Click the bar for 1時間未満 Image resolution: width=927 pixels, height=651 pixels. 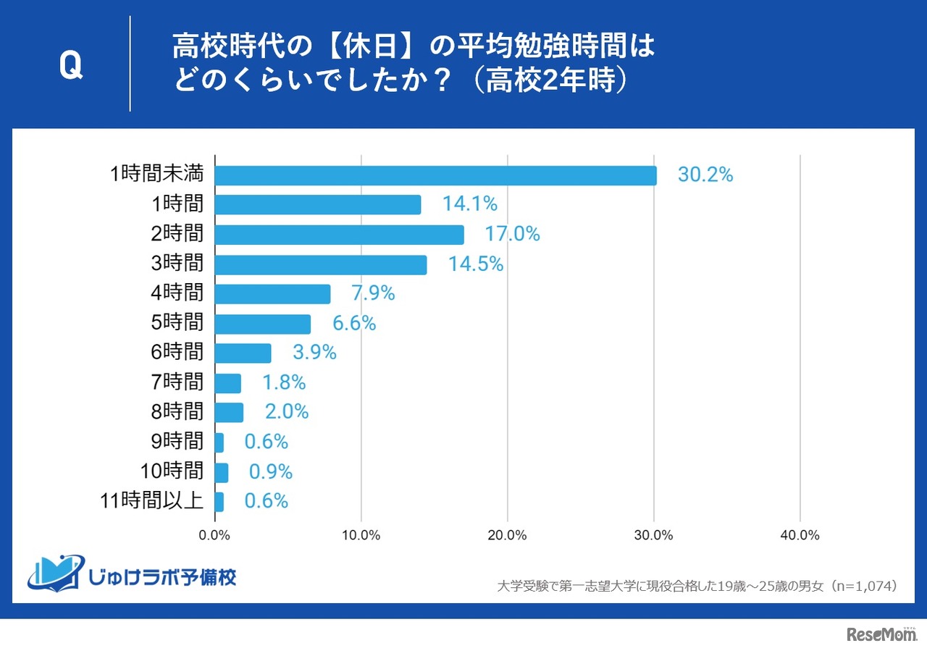click(435, 175)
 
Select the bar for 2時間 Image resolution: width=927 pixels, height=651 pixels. click(339, 235)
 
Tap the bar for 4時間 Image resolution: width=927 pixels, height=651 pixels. click(272, 294)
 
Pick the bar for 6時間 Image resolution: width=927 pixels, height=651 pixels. click(243, 353)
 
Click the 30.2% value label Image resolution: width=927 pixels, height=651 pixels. click(705, 175)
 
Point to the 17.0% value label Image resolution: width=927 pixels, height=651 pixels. click(512, 235)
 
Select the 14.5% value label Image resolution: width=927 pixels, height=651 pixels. click(475, 264)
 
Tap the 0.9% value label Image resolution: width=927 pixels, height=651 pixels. click(270, 472)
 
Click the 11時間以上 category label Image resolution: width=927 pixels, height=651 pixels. click(150, 501)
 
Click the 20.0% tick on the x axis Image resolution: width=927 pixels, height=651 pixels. click(507, 536)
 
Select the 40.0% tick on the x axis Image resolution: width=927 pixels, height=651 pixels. click(800, 536)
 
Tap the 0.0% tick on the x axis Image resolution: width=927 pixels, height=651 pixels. click(215, 536)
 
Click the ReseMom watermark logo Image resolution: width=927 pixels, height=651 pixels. click(881, 634)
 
